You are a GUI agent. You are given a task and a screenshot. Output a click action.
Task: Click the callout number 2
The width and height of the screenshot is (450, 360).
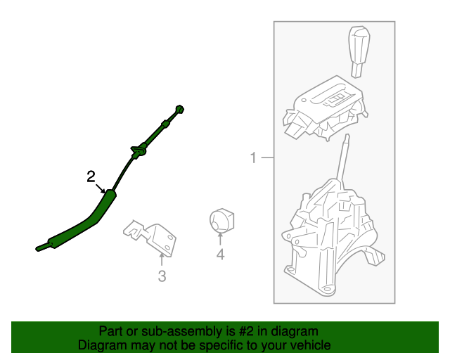(x=91, y=176)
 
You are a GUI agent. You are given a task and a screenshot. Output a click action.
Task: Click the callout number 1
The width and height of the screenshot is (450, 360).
(x=253, y=157)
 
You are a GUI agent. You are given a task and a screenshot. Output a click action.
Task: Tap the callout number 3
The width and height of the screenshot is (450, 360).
(x=162, y=276)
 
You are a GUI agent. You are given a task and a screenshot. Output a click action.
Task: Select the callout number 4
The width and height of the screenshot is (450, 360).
(x=220, y=255)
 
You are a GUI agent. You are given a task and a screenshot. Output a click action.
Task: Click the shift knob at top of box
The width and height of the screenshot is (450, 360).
(x=359, y=51)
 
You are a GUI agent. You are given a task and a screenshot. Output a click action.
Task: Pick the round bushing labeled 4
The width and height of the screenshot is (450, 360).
(x=221, y=221)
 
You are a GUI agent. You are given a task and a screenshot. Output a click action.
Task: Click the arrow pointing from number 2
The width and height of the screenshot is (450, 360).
(x=100, y=188)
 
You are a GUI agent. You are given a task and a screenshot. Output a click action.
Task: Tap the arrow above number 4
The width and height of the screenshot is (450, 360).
(x=220, y=239)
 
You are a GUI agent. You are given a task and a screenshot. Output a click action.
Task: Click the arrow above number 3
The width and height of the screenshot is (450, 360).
(x=162, y=259)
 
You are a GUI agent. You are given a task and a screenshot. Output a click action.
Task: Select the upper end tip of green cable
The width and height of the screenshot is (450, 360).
(x=180, y=109)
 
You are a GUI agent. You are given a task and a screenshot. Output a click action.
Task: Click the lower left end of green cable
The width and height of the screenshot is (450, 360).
(x=37, y=249)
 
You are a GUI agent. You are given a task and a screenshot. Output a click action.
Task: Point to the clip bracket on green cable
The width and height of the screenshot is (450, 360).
(x=139, y=150)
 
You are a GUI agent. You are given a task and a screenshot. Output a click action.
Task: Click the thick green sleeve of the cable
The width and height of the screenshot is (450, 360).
(x=86, y=221)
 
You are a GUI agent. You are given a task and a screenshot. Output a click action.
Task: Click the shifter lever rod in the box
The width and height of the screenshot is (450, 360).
(x=344, y=157)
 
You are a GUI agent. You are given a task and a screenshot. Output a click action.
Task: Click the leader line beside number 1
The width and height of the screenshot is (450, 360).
(x=267, y=157)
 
